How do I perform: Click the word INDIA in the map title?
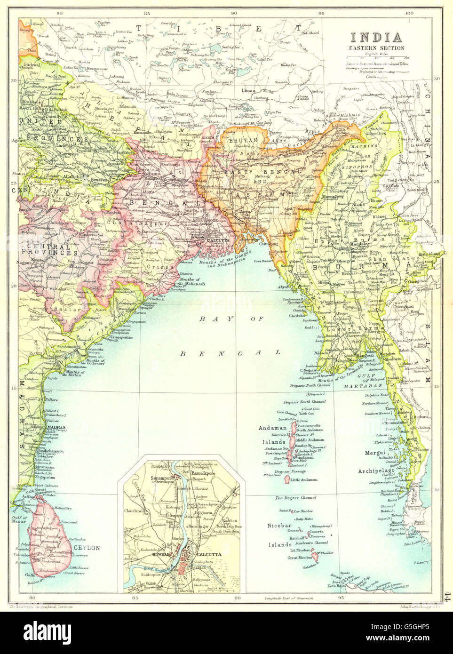click(375, 37)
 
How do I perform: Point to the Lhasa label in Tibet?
click(248, 90)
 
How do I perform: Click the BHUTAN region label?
click(243, 140)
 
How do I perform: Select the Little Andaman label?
click(304, 479)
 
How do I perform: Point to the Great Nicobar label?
click(300, 558)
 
